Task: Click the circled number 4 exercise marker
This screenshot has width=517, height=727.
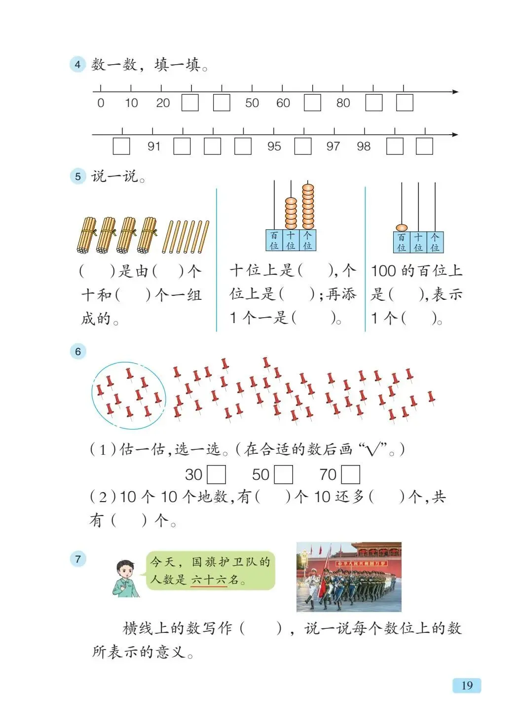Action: tap(77, 65)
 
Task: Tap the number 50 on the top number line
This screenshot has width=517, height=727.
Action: tap(252, 103)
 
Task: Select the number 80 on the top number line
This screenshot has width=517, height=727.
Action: tap(343, 103)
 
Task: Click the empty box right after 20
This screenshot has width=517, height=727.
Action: tap(190, 103)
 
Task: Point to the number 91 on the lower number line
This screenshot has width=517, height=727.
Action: tap(154, 146)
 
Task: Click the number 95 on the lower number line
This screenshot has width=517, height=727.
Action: tap(274, 146)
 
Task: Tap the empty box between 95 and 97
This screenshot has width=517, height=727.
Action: tap(303, 146)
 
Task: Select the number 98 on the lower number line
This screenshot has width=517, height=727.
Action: tap(364, 146)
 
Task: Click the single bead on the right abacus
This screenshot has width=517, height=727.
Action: tap(402, 227)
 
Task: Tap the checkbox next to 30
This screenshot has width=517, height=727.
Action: tap(217, 474)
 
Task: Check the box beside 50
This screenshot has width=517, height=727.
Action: tap(284, 474)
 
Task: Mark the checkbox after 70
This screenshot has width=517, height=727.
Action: tap(351, 474)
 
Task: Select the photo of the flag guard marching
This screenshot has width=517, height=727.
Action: tap(349, 577)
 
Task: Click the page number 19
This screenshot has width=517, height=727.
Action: tap(467, 685)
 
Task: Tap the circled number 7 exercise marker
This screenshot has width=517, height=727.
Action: tap(77, 559)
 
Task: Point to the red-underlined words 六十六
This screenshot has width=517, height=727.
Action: tap(209, 579)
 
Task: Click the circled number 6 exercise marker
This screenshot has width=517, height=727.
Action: tap(77, 352)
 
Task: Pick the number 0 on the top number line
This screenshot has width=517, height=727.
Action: tap(101, 103)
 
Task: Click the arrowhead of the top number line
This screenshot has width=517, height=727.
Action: tap(455, 92)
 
